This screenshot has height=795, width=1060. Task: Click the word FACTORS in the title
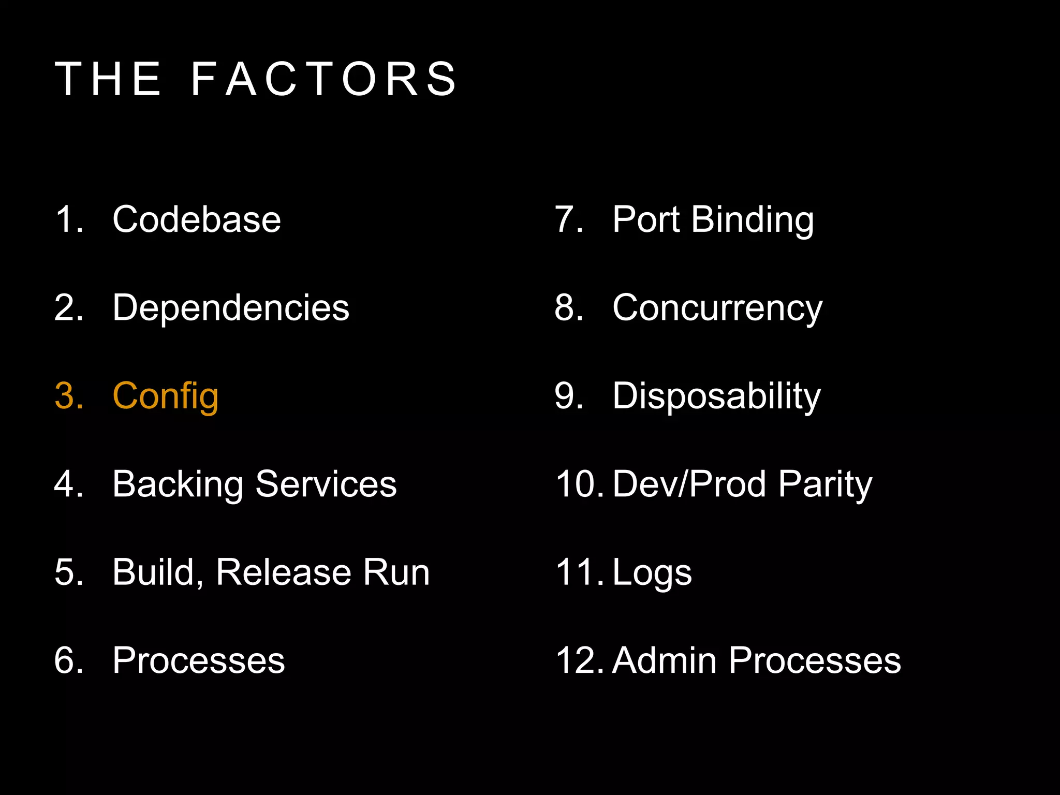(x=324, y=79)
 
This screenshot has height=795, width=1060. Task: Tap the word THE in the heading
(x=108, y=79)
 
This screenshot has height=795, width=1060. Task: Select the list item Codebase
(x=197, y=219)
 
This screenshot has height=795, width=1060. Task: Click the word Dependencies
(x=231, y=308)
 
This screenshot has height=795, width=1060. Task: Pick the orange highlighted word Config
(x=166, y=396)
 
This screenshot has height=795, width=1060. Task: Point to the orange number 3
(x=67, y=396)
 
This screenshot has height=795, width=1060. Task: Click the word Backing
(x=178, y=485)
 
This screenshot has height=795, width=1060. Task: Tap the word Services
(x=326, y=484)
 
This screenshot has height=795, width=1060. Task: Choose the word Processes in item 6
(x=199, y=661)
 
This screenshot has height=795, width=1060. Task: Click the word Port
(x=645, y=219)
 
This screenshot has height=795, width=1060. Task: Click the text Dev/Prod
(x=689, y=484)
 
